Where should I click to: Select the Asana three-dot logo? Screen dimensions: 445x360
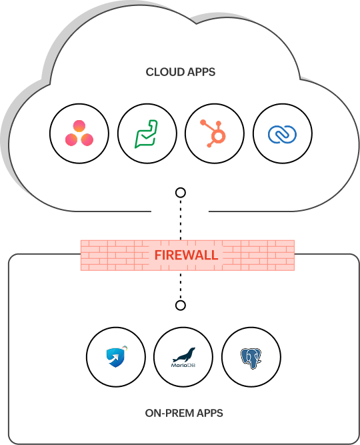point(79,134)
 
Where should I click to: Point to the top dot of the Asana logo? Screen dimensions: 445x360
point(79,126)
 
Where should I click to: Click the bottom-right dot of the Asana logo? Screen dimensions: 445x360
point(87,139)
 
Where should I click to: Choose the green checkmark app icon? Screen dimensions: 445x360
point(147,134)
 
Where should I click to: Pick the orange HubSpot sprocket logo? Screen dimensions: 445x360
point(215,134)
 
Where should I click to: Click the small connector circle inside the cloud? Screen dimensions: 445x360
point(180,193)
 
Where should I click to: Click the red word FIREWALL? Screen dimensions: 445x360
point(186,256)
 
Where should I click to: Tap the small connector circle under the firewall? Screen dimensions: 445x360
point(180,306)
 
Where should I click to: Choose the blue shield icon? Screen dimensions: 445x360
point(116,358)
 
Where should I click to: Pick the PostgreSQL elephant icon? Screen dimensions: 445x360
point(251,358)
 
